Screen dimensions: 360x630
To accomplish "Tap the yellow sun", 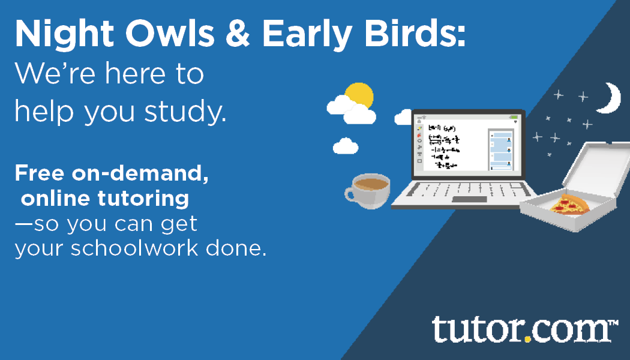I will (x=360, y=96).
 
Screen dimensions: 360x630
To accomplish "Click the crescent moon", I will (x=611, y=97).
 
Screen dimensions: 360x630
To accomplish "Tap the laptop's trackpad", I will (x=470, y=199).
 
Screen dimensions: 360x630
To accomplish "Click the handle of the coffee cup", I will (x=351, y=193).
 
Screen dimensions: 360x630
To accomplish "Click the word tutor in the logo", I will (x=477, y=330).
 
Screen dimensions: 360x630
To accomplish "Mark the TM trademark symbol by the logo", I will (x=613, y=324).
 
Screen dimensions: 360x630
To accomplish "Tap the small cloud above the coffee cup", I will (x=346, y=146).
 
